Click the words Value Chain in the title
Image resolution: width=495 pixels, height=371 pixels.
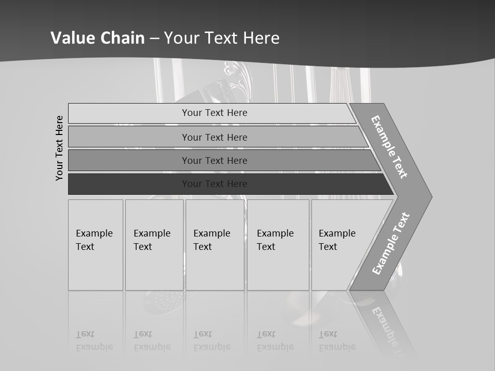tap(97, 38)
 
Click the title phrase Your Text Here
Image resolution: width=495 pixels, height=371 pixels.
tap(222, 38)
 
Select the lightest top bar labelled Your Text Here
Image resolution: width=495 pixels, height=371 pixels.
tap(214, 113)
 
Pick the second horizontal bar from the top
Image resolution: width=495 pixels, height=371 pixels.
tap(214, 137)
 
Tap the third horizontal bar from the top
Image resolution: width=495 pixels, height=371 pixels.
tap(214, 160)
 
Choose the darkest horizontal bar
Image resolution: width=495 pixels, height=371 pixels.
tap(214, 184)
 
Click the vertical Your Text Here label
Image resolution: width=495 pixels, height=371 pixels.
tap(59, 148)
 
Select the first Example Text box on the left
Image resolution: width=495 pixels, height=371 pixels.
tap(95, 245)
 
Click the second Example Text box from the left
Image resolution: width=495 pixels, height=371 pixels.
tap(154, 245)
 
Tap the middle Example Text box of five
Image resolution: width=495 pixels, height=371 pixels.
tap(214, 245)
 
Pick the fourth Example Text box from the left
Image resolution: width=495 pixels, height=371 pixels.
tap(278, 245)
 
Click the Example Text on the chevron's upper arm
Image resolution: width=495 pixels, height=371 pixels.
tap(389, 147)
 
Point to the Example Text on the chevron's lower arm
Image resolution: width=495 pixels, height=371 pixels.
tap(390, 243)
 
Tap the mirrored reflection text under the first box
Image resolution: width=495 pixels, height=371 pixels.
tap(94, 341)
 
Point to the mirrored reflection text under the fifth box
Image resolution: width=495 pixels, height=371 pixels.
tap(337, 341)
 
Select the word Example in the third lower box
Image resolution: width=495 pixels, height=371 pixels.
tap(211, 233)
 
